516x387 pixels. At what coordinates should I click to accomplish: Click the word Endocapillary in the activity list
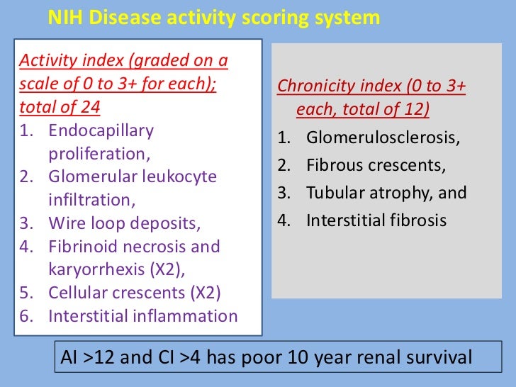(101, 131)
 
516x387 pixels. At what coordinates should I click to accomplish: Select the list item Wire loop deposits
(125, 223)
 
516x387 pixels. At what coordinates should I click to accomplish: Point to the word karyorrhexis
(94, 270)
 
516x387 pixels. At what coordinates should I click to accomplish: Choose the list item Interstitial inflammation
(142, 316)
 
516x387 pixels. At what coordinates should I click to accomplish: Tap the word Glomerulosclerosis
(383, 138)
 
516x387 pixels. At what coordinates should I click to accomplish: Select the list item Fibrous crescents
(376, 166)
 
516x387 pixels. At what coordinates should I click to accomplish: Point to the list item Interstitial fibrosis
(376, 220)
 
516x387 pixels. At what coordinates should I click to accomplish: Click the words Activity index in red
(60, 61)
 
